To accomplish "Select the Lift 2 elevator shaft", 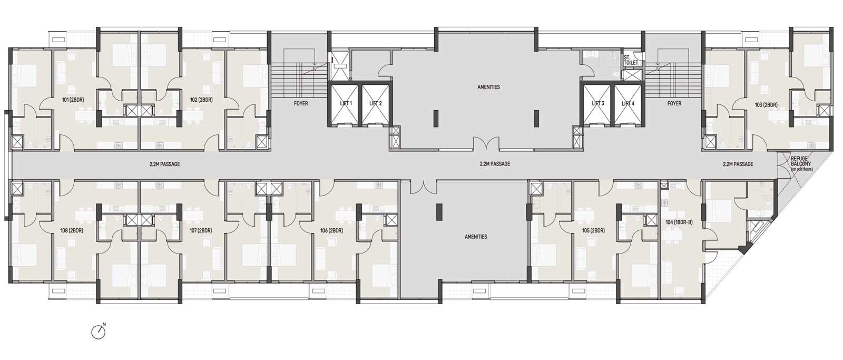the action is point(375,103).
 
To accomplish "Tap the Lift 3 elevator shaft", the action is point(597,103).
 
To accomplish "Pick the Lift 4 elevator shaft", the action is point(628,103).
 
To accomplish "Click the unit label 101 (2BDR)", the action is point(73,100).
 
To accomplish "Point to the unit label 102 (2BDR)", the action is point(201,100).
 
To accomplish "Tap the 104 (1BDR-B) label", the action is point(679,222).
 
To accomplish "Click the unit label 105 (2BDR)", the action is point(593,230).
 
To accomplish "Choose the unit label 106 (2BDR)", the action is point(331,230).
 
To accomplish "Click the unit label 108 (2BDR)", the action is point(72,230).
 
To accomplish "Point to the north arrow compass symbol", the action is point(99,332).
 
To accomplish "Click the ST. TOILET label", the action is point(631,60).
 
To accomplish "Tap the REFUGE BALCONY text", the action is point(800,161).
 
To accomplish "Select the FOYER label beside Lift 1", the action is point(301,103).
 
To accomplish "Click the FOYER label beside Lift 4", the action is point(674,103).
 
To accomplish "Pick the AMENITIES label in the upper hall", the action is point(488,87).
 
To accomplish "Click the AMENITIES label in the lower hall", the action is point(476,237).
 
